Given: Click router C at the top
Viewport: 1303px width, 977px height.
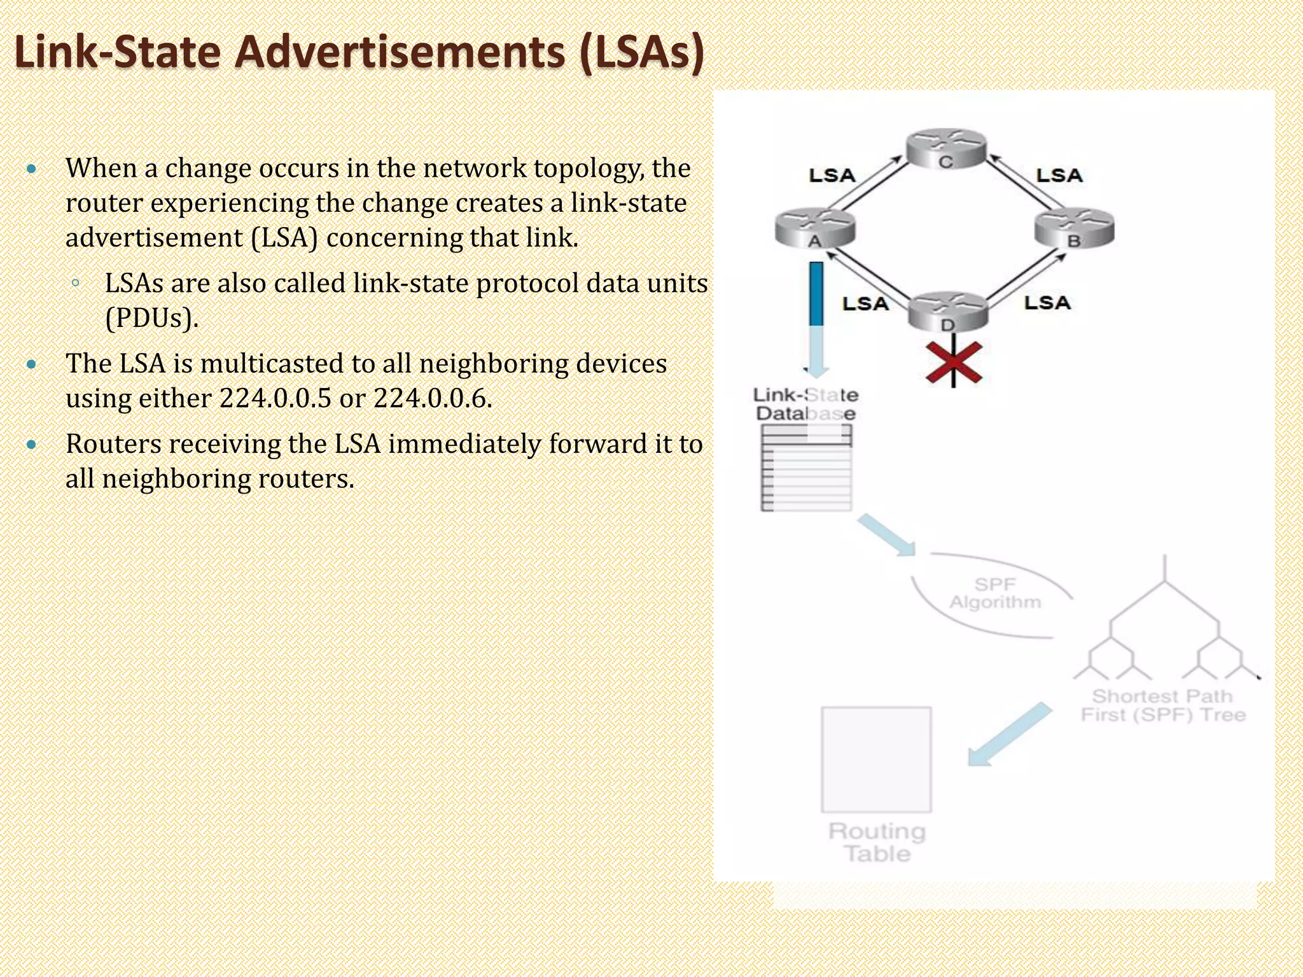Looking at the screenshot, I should pyautogui.click(x=945, y=149).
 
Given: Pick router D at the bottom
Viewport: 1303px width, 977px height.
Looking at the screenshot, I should pyautogui.click(x=947, y=312).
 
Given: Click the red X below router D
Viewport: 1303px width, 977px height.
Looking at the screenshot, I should pyautogui.click(x=953, y=364).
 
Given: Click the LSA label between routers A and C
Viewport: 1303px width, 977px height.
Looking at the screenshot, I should pyautogui.click(x=832, y=176).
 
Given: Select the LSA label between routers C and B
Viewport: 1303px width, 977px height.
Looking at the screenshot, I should pyautogui.click(x=1059, y=176).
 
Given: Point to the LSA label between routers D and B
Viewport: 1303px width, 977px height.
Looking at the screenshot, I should pyautogui.click(x=1047, y=303).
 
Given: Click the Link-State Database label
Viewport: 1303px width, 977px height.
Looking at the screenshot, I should pyautogui.click(x=805, y=405).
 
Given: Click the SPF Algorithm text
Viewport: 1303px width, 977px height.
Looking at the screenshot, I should pyautogui.click(x=995, y=593).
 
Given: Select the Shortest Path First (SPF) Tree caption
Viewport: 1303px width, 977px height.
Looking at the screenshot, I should pyautogui.click(x=1162, y=705).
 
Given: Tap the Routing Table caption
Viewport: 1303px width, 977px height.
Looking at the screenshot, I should pyautogui.click(x=877, y=842).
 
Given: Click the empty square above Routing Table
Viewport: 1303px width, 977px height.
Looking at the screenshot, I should pyautogui.click(x=876, y=759).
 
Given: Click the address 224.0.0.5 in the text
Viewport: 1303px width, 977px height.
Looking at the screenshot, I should pyautogui.click(x=275, y=399).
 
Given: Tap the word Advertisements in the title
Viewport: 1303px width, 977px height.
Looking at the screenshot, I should pyautogui.click(x=400, y=52).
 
